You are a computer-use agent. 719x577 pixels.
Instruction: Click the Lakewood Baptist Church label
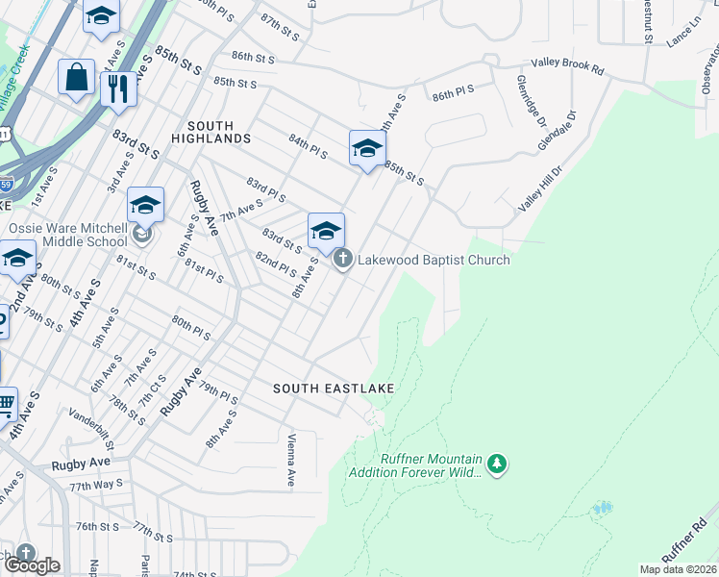click(434, 260)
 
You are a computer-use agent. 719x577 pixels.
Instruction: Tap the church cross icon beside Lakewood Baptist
click(342, 260)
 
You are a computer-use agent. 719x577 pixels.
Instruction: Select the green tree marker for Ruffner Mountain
click(496, 465)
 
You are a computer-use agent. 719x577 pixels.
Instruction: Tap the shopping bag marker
click(76, 77)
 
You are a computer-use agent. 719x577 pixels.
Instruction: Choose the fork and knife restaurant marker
click(118, 88)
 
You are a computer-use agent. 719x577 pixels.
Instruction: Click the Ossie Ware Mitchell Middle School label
click(67, 236)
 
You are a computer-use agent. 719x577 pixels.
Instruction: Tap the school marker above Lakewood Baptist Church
click(326, 231)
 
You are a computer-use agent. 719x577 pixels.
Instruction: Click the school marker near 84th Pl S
click(366, 148)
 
